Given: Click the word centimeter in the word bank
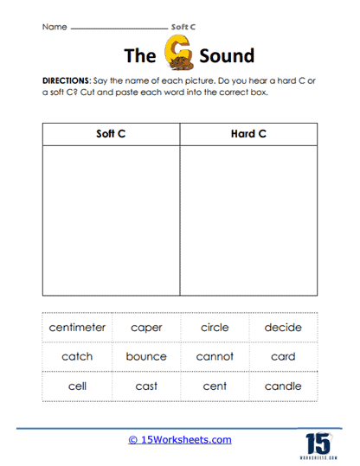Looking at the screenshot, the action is pyautogui.click(x=77, y=328).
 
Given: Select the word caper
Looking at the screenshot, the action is pyautogui.click(x=146, y=328).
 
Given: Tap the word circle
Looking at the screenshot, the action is pyautogui.click(x=214, y=328).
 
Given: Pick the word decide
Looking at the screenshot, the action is pyautogui.click(x=283, y=328).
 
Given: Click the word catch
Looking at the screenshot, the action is pyautogui.click(x=77, y=356).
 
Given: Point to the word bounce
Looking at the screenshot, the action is pyautogui.click(x=146, y=356).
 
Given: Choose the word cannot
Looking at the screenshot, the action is pyautogui.click(x=214, y=356).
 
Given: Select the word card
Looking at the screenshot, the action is pyautogui.click(x=283, y=356).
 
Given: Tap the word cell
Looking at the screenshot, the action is pyautogui.click(x=77, y=386).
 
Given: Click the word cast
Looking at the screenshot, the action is pyautogui.click(x=146, y=386).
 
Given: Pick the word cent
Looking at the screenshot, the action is pyautogui.click(x=214, y=386).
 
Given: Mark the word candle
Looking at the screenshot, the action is pyautogui.click(x=283, y=386).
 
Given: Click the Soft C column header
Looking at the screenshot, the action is pyautogui.click(x=111, y=135).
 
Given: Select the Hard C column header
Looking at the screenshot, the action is pyautogui.click(x=249, y=135).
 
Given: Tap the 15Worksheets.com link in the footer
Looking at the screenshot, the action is pyautogui.click(x=180, y=440).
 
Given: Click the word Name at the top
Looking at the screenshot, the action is pyautogui.click(x=54, y=27).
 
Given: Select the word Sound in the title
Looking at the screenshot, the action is pyautogui.click(x=227, y=57).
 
